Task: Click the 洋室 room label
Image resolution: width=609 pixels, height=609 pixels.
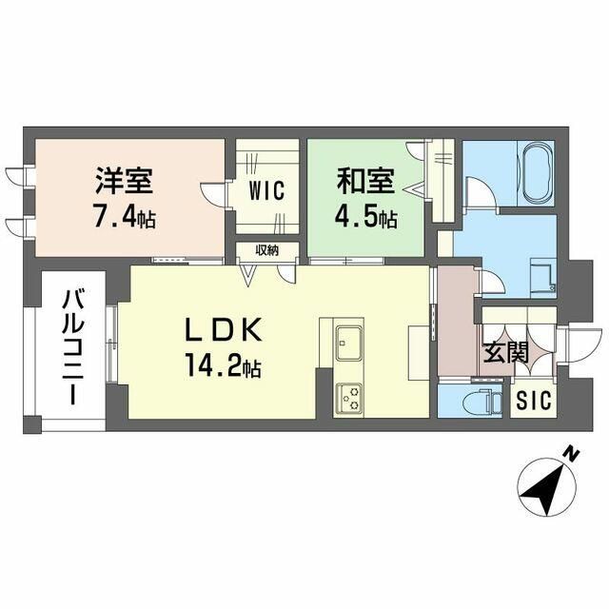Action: [125, 181]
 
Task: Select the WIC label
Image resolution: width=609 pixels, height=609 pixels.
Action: [266, 190]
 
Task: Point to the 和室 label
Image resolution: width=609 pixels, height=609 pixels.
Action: [365, 181]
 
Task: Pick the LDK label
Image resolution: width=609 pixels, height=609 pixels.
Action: [223, 329]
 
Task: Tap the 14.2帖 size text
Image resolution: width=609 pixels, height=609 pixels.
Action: [223, 365]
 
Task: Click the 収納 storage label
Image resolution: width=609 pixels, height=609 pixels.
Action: [266, 250]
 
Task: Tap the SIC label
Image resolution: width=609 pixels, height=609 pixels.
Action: [534, 400]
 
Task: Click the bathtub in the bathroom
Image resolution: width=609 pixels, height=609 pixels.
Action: [536, 173]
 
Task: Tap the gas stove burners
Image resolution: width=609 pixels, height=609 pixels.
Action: [349, 397]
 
